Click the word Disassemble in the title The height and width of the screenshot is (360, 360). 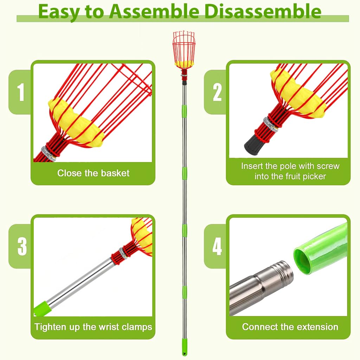click(263, 12)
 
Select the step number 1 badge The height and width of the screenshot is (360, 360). click(21, 92)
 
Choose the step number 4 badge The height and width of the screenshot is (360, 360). click(217, 246)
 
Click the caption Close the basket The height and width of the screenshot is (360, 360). click(93, 173)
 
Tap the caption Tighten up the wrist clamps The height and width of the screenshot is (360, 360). click(93, 327)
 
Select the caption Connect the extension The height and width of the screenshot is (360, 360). click(290, 327)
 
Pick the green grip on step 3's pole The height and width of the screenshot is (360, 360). click(43, 309)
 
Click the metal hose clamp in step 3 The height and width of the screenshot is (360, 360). click(123, 252)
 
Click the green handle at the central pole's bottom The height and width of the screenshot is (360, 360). click(184, 347)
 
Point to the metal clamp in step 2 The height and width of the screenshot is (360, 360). click(270, 124)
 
